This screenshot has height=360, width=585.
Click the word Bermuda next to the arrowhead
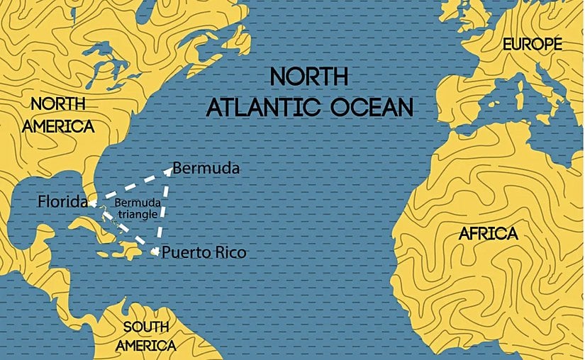click(206, 169)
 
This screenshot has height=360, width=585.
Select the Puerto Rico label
click(205, 252)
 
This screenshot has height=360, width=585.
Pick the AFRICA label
click(489, 234)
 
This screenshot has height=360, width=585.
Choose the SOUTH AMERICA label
click(147, 336)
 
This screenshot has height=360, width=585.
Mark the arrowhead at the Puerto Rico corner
click(154, 251)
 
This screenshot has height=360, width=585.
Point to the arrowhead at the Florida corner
click(90, 203)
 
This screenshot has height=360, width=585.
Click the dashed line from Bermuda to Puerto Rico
click(162, 210)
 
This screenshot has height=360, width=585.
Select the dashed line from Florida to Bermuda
click(128, 186)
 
